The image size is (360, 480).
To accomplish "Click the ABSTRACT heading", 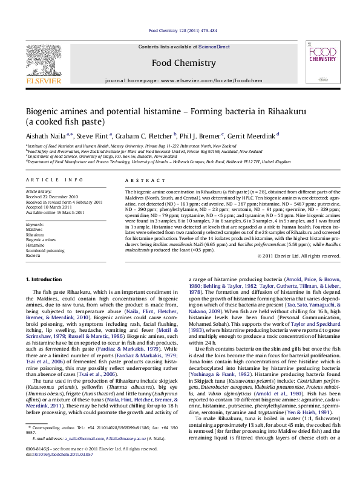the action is (140, 181).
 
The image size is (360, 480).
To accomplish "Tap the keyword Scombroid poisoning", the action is (47, 250).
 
